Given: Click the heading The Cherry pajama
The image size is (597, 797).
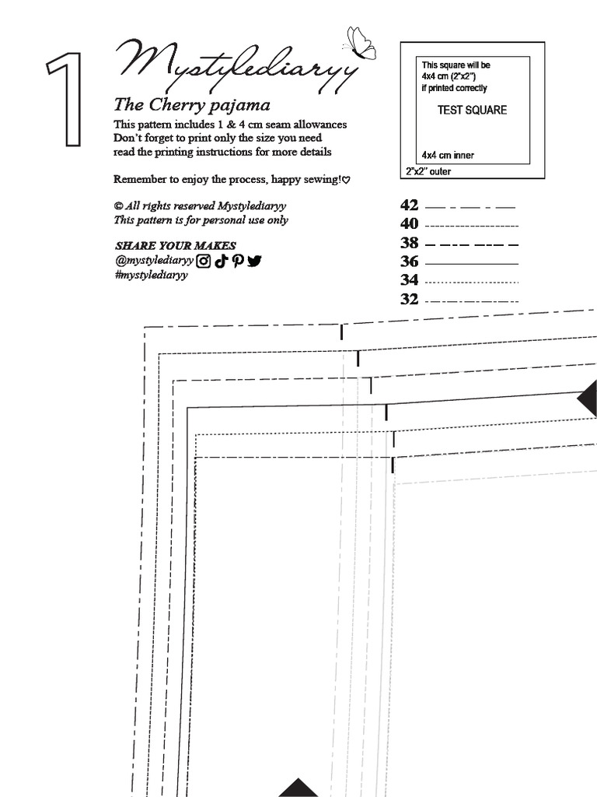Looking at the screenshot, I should (x=191, y=104).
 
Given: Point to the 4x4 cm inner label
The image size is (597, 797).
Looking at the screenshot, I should (x=448, y=155).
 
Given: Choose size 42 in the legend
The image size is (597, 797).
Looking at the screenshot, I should (x=410, y=205).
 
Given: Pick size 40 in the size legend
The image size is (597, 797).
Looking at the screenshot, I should (x=410, y=224).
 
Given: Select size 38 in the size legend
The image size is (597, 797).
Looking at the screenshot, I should (x=410, y=243).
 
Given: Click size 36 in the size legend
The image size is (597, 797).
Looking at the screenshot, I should (x=410, y=262).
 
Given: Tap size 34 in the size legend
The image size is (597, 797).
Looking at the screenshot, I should (x=410, y=280).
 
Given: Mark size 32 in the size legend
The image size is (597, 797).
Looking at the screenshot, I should (x=410, y=300).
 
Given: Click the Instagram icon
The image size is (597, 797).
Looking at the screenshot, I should (x=203, y=262).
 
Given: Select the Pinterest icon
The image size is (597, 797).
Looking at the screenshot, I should (x=236, y=262).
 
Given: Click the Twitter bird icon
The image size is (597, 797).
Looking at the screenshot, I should (x=254, y=262).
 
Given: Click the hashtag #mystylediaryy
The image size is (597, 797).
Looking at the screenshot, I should (x=151, y=276).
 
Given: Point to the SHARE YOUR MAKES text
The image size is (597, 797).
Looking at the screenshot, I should (x=175, y=246).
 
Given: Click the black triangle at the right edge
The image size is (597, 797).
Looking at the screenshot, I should (x=588, y=400).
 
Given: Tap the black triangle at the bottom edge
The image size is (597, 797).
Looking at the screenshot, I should (x=294, y=788).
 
